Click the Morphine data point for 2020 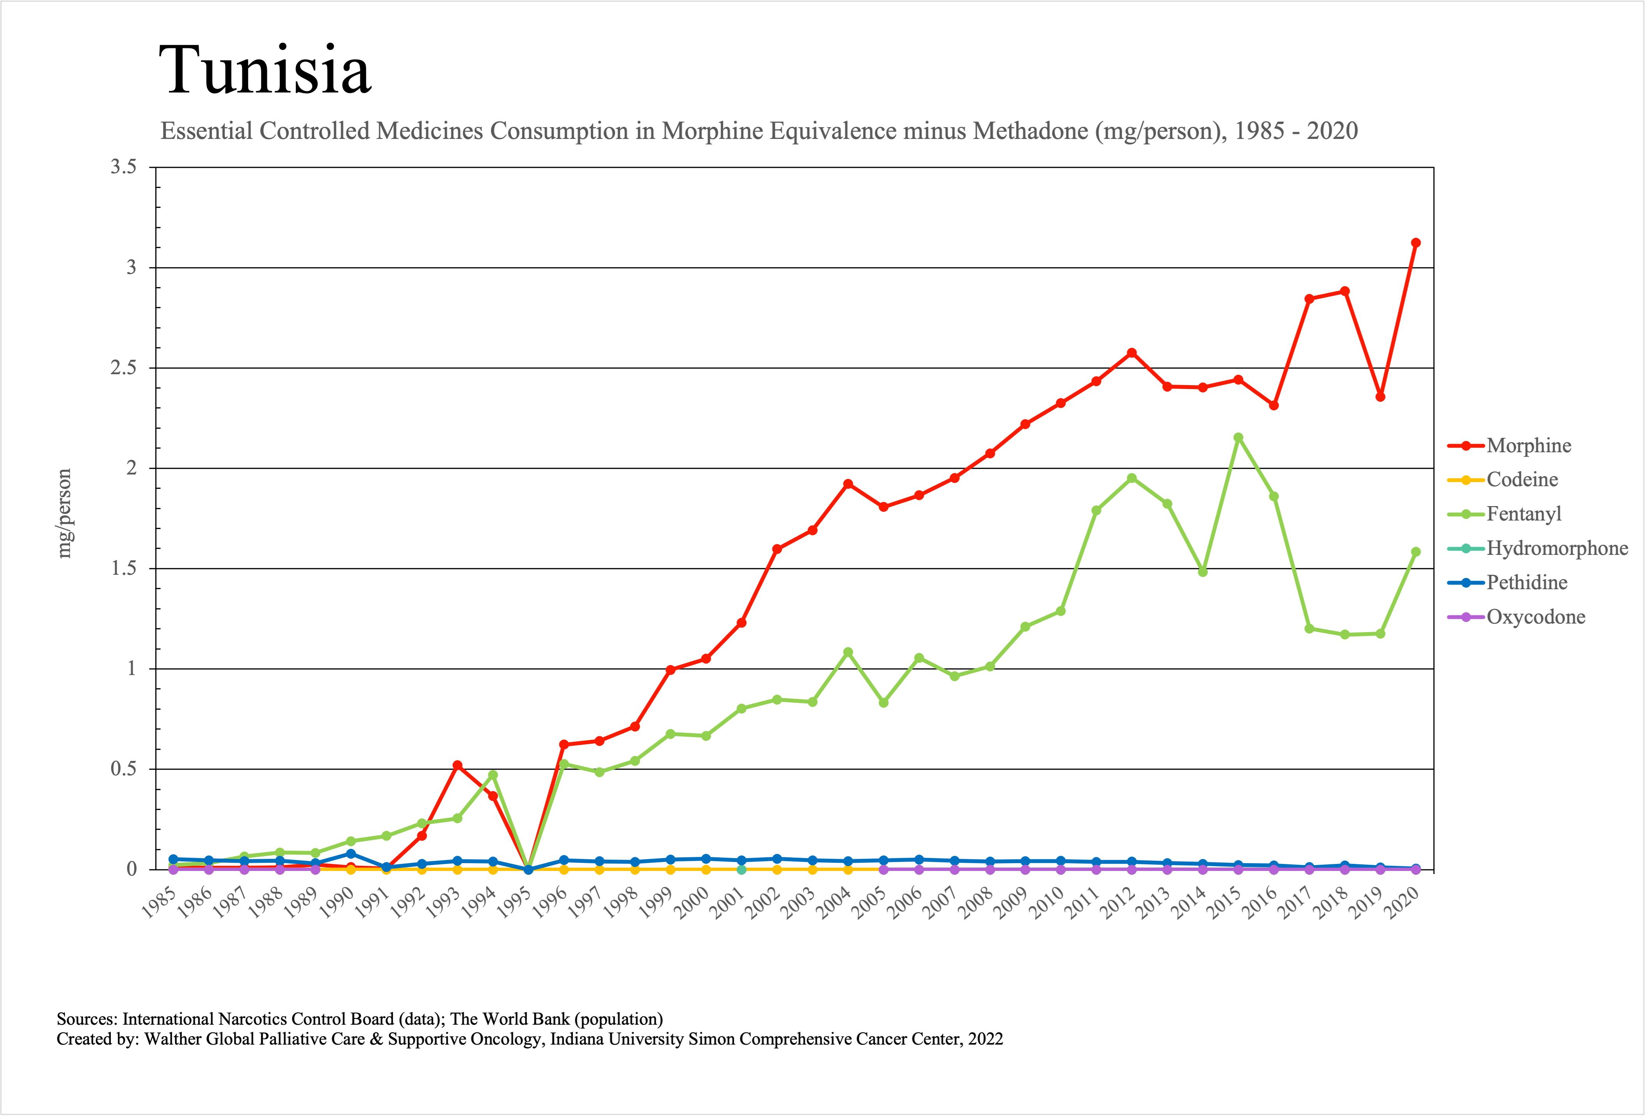(1415, 243)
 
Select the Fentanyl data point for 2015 (1238, 438)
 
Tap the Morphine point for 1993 (457, 765)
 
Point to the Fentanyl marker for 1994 (492, 775)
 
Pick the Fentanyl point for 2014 (1203, 572)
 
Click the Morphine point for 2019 (1380, 397)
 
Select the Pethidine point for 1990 (351, 854)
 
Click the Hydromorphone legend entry (1557, 548)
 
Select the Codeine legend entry (1522, 480)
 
